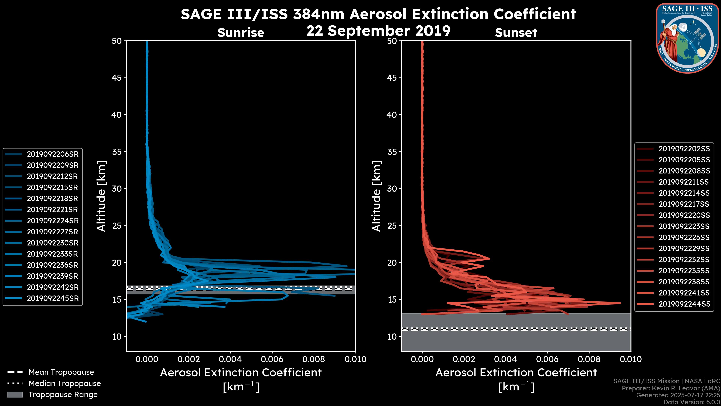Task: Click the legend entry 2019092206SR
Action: tap(53, 154)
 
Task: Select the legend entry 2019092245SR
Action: tap(53, 298)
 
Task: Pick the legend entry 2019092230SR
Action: tap(53, 243)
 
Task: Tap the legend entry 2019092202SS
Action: tap(684, 149)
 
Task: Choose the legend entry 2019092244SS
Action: tap(684, 304)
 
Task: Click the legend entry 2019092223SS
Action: tap(684, 226)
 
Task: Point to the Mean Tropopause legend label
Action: tap(61, 372)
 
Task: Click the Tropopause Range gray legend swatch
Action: tap(15, 395)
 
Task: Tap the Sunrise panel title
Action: tap(241, 33)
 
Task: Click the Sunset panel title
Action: tap(516, 33)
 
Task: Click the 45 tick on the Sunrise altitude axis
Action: tap(117, 78)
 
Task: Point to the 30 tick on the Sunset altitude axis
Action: tap(392, 189)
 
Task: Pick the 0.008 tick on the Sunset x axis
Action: tap(589, 359)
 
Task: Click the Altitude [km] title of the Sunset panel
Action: tap(376, 196)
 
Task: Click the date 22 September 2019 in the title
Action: tap(378, 31)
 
